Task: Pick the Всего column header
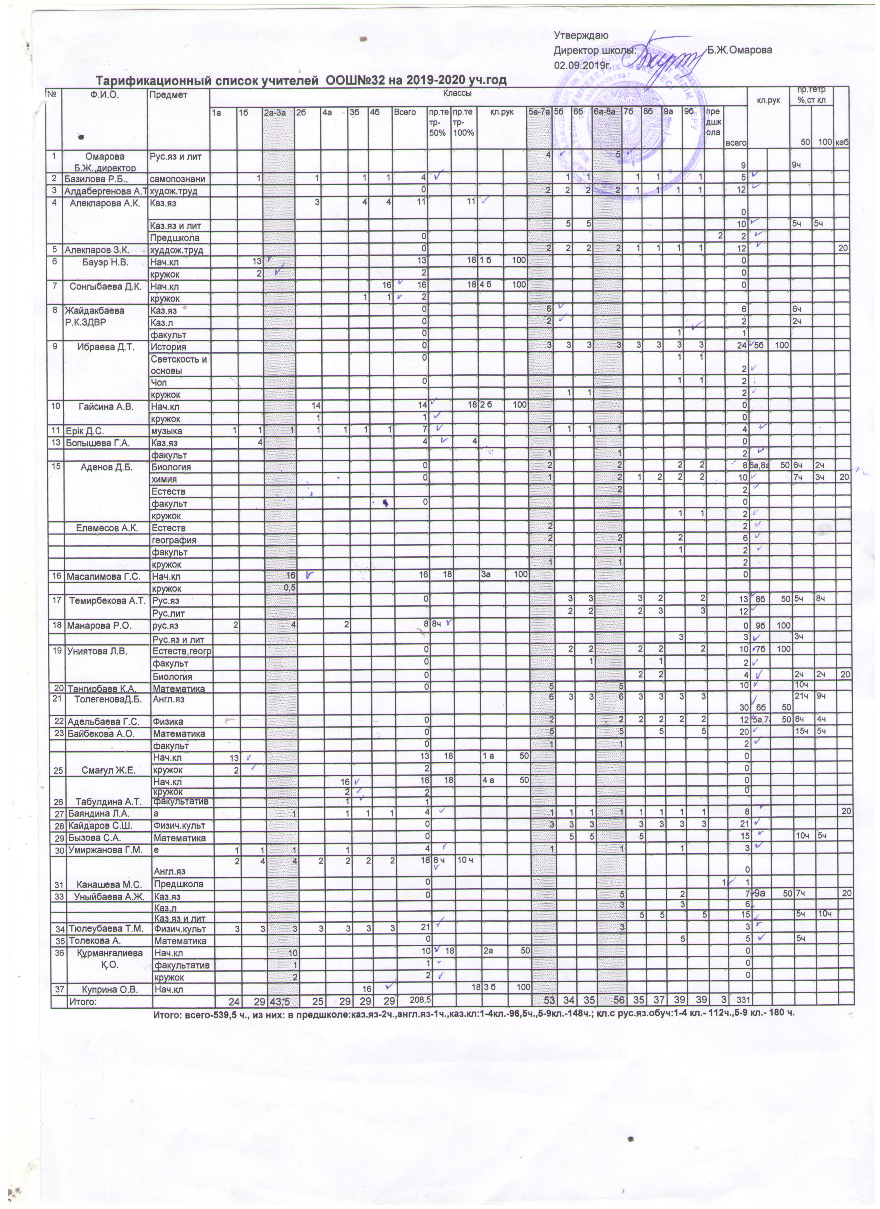pyautogui.click(x=405, y=113)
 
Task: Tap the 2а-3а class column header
pyautogui.click(x=277, y=113)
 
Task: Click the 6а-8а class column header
pyautogui.click(x=606, y=113)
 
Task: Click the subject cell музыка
pyautogui.click(x=166, y=430)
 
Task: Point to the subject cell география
pyautogui.click(x=174, y=540)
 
